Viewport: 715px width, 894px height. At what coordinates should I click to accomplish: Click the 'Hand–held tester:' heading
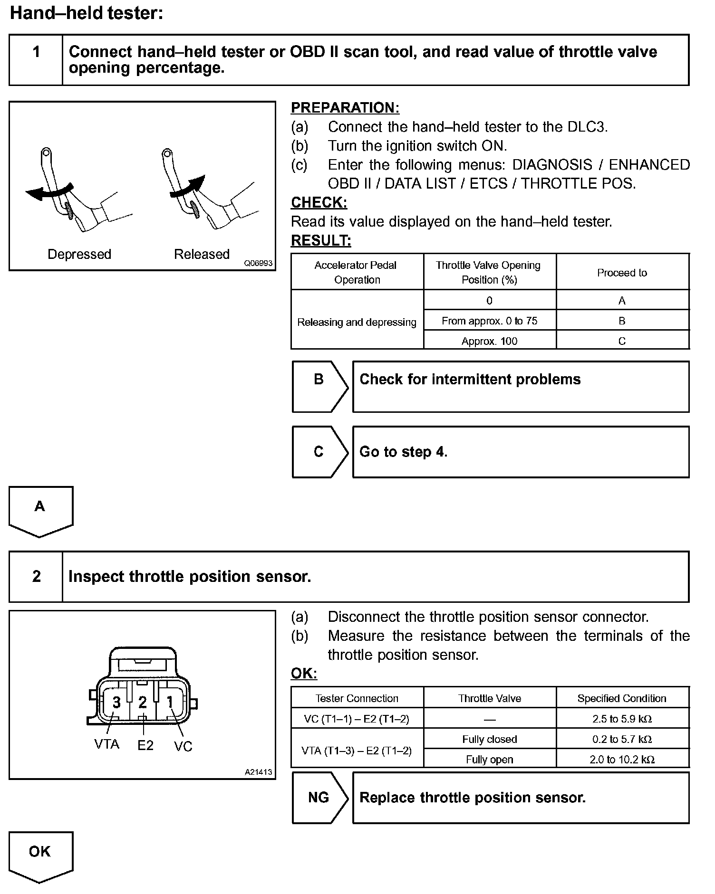tap(86, 13)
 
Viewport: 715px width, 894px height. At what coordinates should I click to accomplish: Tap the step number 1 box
tap(36, 60)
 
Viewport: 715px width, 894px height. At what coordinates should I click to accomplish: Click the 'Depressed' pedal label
tap(79, 254)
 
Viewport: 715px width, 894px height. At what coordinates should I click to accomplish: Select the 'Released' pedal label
tap(202, 254)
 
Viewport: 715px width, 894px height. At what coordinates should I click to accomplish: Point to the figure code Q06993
tap(258, 263)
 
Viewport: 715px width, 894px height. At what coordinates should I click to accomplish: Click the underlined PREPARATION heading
tap(345, 108)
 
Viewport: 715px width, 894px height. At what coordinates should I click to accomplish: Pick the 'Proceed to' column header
tap(622, 273)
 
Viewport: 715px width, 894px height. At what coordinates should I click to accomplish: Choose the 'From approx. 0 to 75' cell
tap(489, 321)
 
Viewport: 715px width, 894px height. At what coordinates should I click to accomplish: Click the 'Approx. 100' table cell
tap(489, 341)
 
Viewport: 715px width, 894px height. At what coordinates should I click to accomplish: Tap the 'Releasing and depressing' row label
tap(357, 322)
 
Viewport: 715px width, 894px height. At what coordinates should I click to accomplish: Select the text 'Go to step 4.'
tap(403, 451)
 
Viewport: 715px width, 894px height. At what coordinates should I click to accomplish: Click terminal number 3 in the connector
tap(116, 702)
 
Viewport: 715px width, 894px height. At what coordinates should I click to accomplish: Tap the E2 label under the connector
tap(145, 745)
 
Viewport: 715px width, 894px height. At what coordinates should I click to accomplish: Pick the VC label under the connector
tap(183, 746)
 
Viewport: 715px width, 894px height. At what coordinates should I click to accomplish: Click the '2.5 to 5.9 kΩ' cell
tap(622, 719)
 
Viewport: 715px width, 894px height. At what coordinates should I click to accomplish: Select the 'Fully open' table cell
tap(489, 759)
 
